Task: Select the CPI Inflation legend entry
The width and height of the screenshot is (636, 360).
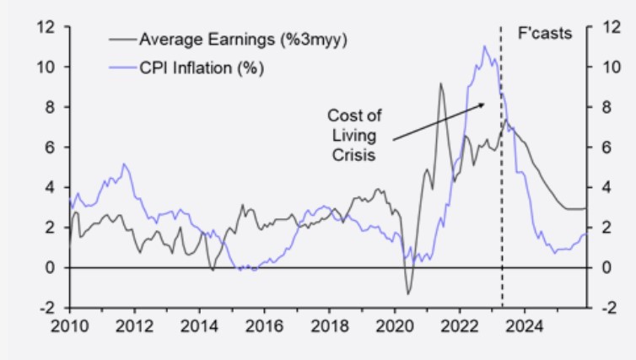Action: point(202,67)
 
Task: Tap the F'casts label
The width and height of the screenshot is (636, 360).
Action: point(544,34)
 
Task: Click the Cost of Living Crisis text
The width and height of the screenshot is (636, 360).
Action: point(348,135)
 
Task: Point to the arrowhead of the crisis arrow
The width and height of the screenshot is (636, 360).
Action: point(483,105)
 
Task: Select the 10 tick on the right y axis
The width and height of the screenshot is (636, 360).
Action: point(602,67)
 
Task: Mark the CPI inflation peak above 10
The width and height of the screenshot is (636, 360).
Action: point(484,46)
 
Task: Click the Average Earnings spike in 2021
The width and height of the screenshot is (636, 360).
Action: point(440,83)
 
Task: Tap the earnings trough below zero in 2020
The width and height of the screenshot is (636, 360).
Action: point(408,293)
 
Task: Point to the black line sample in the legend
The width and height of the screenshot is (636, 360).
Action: point(122,39)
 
